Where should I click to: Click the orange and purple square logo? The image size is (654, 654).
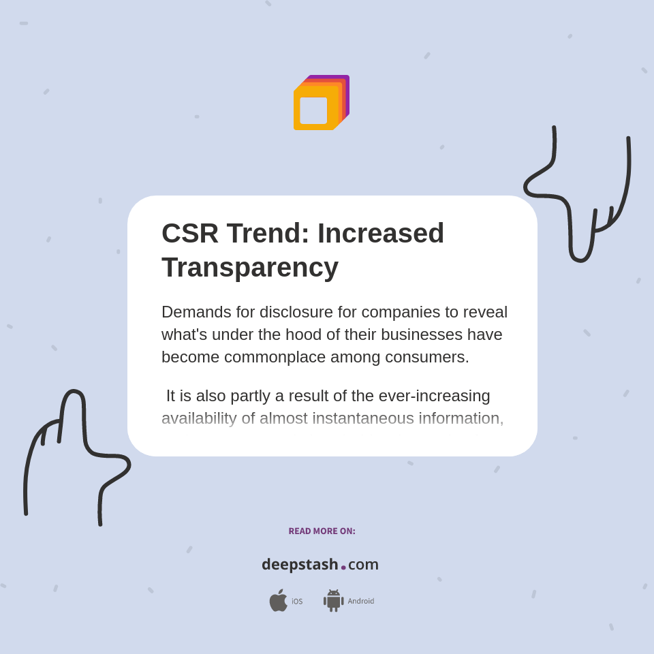coord(321,103)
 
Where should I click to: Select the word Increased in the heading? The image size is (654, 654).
coord(381,233)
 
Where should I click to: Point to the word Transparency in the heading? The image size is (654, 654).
coord(250,267)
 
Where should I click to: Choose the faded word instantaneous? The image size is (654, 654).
coord(362,418)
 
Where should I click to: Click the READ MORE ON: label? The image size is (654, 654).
coord(322,531)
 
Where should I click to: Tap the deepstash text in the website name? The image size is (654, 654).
coord(300,565)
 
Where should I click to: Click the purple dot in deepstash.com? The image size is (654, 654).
coord(343,567)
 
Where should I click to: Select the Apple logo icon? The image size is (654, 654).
coord(278,601)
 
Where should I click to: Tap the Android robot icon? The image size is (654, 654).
coord(333,601)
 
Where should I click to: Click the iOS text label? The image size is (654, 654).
coord(297,602)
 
